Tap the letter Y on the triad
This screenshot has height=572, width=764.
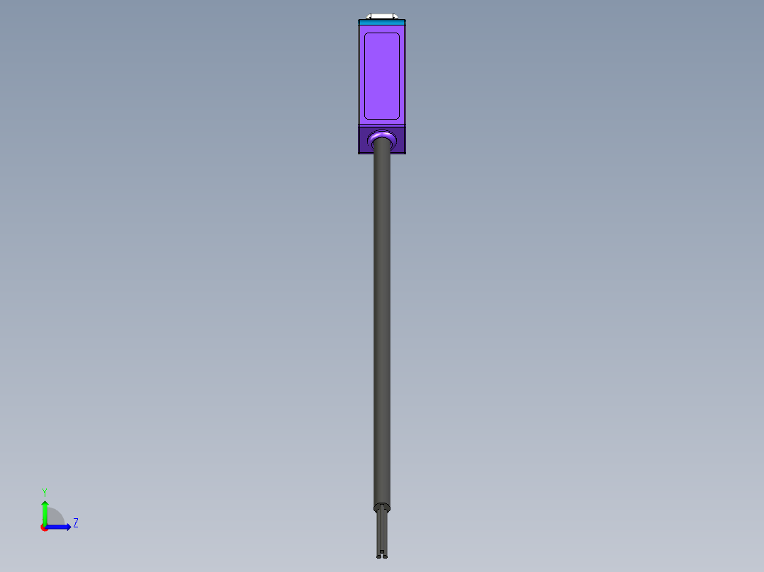(44, 491)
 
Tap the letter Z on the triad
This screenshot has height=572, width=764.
(75, 523)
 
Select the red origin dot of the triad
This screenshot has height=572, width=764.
(45, 527)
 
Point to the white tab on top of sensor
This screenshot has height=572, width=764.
(381, 16)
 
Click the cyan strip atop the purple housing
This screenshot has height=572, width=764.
(381, 23)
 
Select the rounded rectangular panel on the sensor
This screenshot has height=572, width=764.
(381, 75)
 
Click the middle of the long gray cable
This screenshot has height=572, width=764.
(382, 319)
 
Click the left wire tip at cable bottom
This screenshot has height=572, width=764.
(378, 556)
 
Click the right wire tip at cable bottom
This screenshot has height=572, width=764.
(385, 556)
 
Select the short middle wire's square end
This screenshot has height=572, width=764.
(382, 551)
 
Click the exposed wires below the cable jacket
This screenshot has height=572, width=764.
(382, 531)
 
